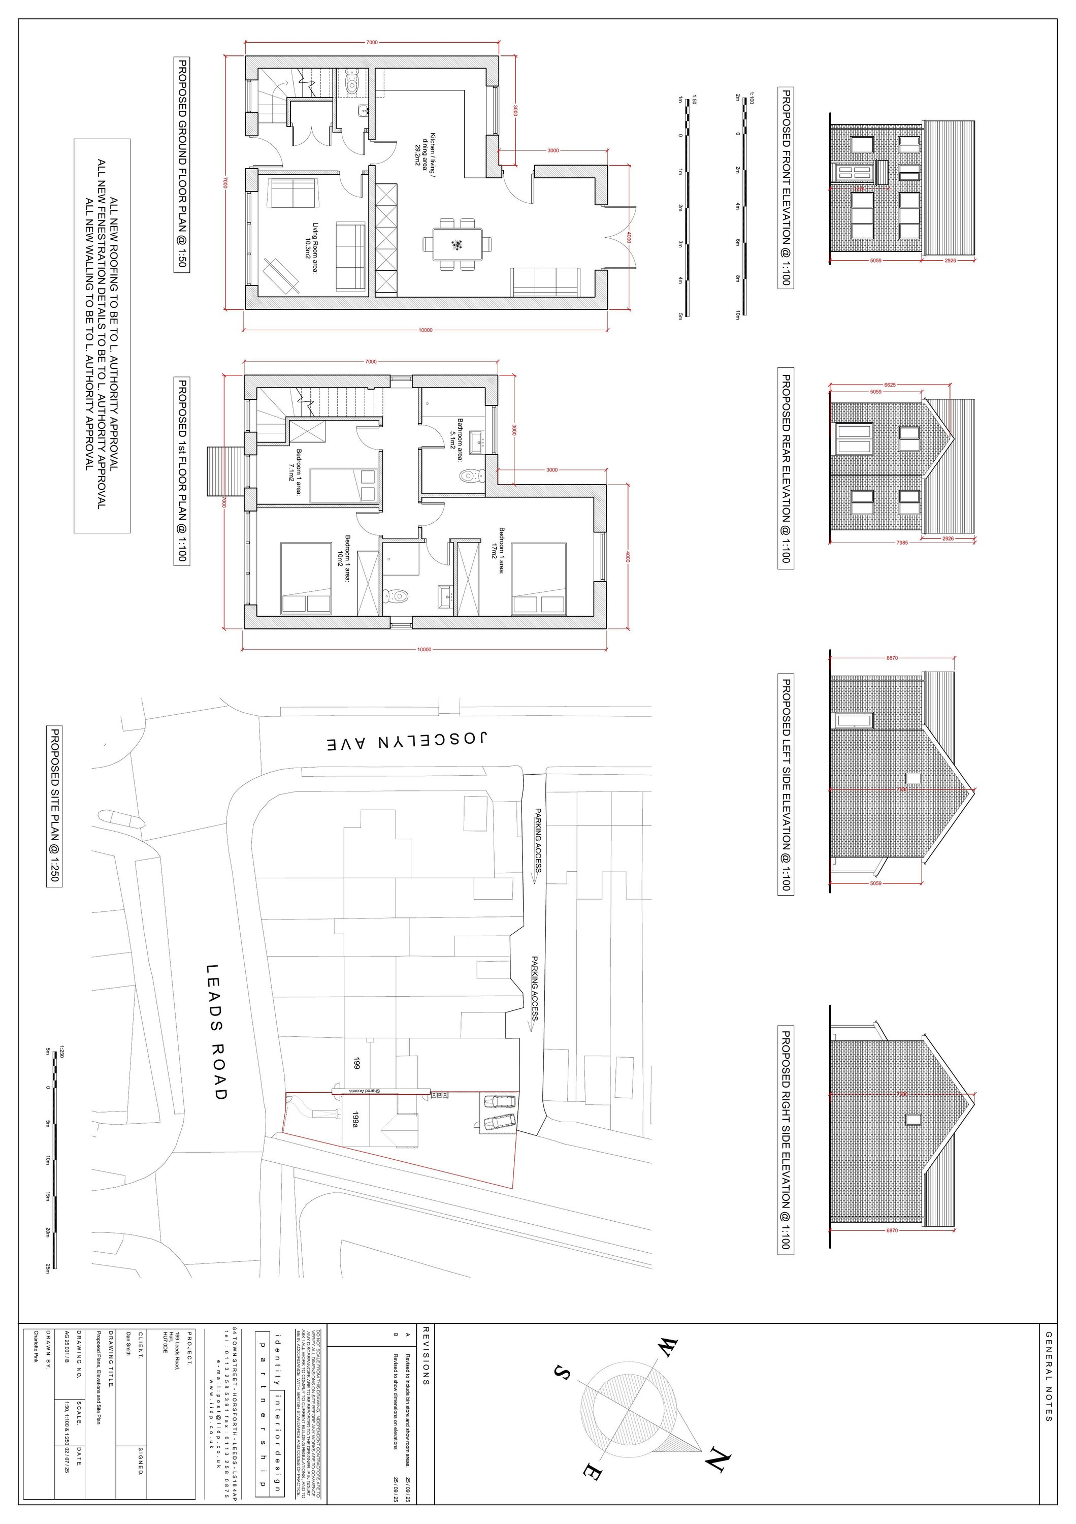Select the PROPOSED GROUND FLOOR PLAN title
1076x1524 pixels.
(180, 165)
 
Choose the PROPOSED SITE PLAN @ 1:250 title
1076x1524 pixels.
(54, 807)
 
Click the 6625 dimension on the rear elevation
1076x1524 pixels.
(890, 385)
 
